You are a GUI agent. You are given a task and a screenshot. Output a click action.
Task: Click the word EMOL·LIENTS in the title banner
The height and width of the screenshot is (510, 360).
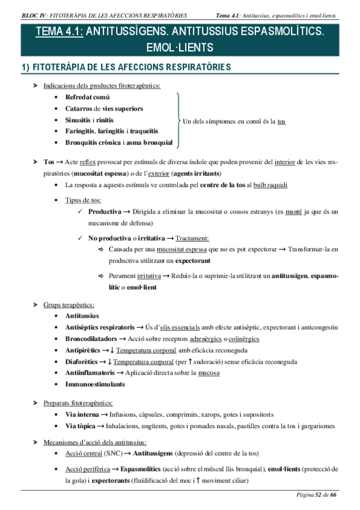[180, 47]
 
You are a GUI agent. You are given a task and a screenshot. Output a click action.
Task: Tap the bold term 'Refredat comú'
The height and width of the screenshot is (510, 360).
[87, 97]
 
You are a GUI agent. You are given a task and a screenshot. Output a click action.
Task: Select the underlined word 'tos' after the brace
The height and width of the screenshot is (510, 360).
[281, 121]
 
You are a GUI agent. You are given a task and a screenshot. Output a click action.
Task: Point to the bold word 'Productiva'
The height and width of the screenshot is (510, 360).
[105, 212]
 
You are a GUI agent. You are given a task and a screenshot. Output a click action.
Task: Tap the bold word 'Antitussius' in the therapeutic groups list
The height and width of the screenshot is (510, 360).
[82, 316]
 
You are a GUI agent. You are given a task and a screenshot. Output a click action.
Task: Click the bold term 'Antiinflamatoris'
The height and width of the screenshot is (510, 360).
[90, 373]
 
